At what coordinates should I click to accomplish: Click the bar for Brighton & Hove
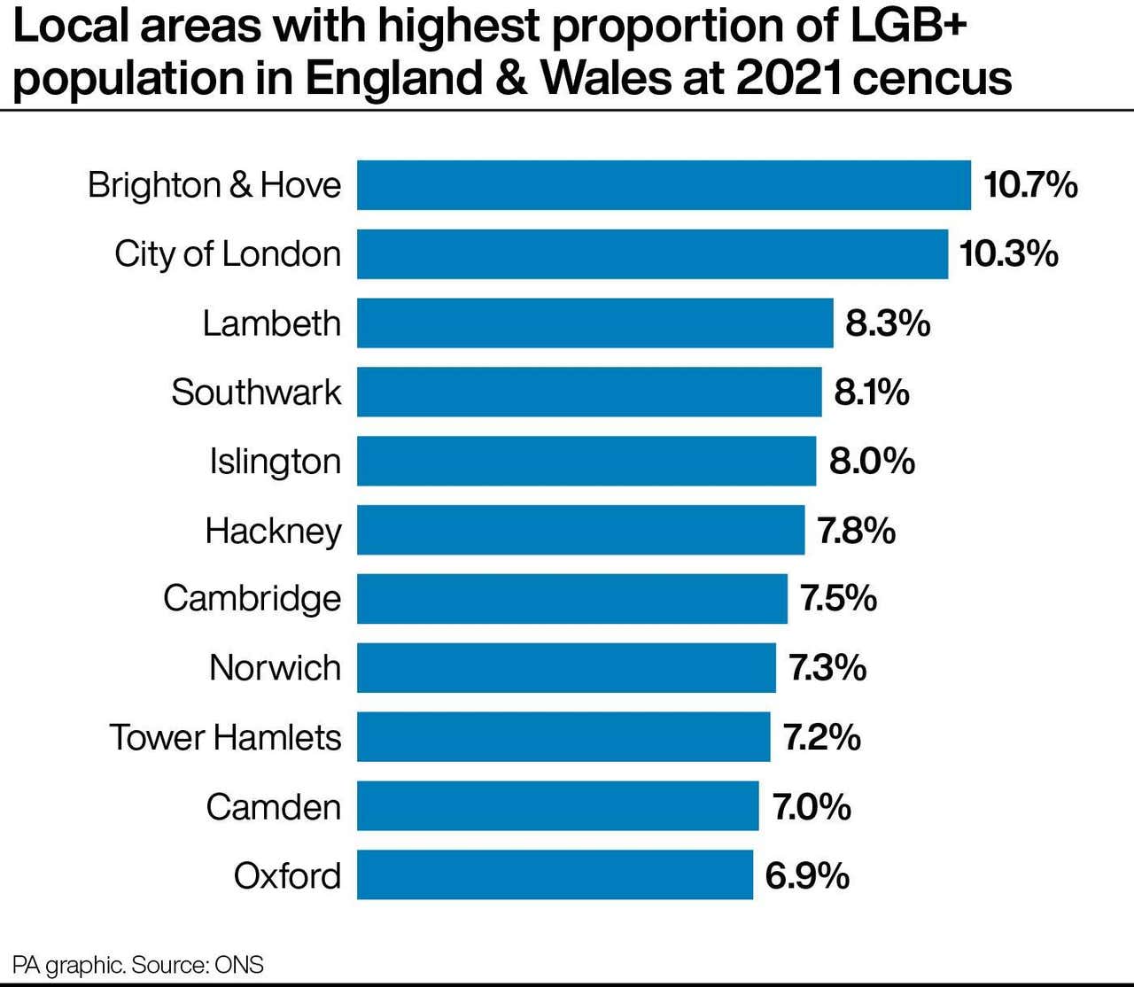(x=664, y=185)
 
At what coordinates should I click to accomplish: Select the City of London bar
(x=652, y=254)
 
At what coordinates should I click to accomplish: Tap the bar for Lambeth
(x=594, y=323)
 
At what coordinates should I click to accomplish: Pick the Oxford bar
(x=555, y=875)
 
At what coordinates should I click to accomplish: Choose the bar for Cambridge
(x=571, y=599)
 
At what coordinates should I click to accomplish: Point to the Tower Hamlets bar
(x=563, y=737)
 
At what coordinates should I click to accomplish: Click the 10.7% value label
(x=1030, y=185)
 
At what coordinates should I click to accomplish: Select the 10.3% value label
(x=1008, y=254)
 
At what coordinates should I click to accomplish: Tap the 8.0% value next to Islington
(x=872, y=462)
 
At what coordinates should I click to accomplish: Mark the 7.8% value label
(x=856, y=531)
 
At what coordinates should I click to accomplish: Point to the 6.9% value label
(x=807, y=876)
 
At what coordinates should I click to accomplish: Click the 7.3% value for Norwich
(x=827, y=668)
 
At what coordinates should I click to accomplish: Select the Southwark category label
(x=256, y=392)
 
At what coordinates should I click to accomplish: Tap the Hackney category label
(x=273, y=532)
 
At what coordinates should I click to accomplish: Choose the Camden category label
(x=273, y=807)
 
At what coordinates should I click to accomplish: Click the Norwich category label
(x=275, y=668)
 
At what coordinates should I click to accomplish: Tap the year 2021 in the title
(x=789, y=78)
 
